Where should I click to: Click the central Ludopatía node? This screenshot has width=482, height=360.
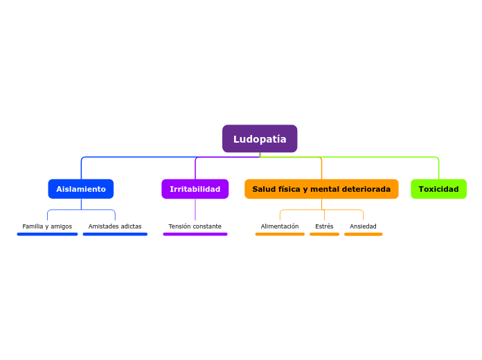pos(260,139)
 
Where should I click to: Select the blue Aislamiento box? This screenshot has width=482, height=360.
pos(81,189)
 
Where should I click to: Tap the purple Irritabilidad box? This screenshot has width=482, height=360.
pos(195,189)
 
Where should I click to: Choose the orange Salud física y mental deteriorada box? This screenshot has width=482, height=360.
pos(321,189)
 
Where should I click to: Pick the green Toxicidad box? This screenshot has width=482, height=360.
pos(438,189)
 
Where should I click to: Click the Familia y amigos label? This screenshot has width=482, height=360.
pos(47,226)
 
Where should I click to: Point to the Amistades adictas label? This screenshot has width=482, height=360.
pos(115,226)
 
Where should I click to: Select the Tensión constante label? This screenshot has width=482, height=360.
pos(195,226)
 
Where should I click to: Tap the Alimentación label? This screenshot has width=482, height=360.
pos(280,226)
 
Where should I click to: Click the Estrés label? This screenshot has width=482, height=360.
pos(324,226)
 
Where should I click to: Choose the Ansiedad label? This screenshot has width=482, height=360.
pos(363,226)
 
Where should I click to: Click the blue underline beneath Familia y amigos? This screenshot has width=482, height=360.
pos(47,234)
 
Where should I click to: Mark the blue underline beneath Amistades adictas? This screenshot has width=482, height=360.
pos(115,234)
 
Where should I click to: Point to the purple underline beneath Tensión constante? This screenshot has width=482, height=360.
pos(195,234)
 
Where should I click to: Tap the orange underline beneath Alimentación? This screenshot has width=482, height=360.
pos(280,234)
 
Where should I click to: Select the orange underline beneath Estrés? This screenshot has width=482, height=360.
pos(324,234)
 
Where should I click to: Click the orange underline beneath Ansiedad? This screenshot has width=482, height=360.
pos(363,234)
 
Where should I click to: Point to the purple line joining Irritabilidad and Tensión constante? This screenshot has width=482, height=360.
pos(195,210)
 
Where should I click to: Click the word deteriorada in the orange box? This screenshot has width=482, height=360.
pos(367,189)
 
